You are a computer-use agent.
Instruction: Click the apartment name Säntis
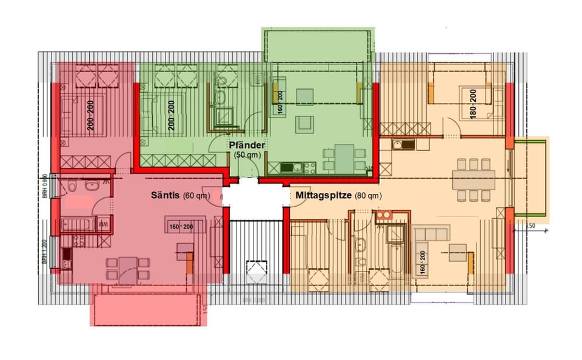[166, 196]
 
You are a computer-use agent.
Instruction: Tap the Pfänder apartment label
[246, 145]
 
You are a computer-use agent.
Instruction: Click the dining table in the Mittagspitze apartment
[473, 179]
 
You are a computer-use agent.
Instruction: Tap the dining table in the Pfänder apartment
[344, 158]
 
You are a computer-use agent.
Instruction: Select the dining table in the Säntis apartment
[127, 267]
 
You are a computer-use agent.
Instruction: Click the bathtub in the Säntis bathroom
[79, 225]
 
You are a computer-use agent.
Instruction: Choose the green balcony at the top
[318, 44]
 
